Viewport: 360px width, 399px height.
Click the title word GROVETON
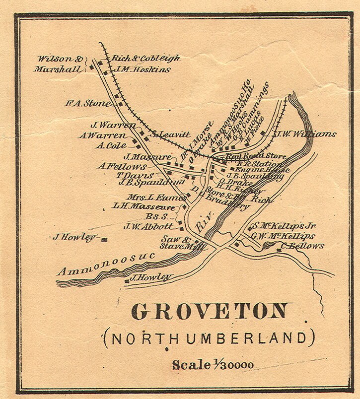[x=209, y=312]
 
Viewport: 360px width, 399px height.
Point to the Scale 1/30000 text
[x=213, y=365]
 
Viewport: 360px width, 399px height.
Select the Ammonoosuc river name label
[x=105, y=264]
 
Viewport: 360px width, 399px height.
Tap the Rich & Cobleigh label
[x=145, y=58]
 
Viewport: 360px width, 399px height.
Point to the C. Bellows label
[x=303, y=246]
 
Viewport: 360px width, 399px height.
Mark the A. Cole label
[x=112, y=146]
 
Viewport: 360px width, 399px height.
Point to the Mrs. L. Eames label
[x=150, y=197]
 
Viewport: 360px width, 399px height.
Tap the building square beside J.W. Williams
[x=262, y=133]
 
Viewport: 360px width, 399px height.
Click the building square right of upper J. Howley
[x=104, y=240]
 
